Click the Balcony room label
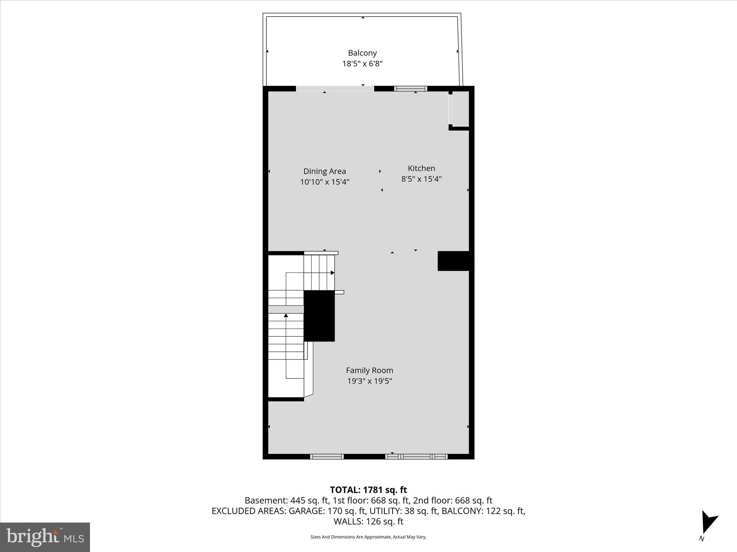pyautogui.click(x=362, y=53)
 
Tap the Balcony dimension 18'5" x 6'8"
pyautogui.click(x=362, y=64)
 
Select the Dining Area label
pyautogui.click(x=324, y=171)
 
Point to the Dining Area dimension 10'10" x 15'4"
pyautogui.click(x=325, y=182)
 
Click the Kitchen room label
pyautogui.click(x=421, y=168)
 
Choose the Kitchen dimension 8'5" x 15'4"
pyautogui.click(x=421, y=179)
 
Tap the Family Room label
pyautogui.click(x=369, y=370)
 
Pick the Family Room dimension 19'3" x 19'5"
pyautogui.click(x=369, y=381)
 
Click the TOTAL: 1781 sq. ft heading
pyautogui.click(x=368, y=490)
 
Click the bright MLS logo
pyautogui.click(x=45, y=537)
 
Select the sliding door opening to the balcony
pyautogui.click(x=335, y=89)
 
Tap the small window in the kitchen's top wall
pyautogui.click(x=411, y=89)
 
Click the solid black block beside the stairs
pyautogui.click(x=319, y=316)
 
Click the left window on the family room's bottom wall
pyautogui.click(x=327, y=457)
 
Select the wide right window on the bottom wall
pyautogui.click(x=416, y=457)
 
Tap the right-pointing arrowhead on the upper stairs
pyautogui.click(x=333, y=273)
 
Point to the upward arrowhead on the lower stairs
pyautogui.click(x=286, y=316)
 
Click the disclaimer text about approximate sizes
pyautogui.click(x=368, y=537)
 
